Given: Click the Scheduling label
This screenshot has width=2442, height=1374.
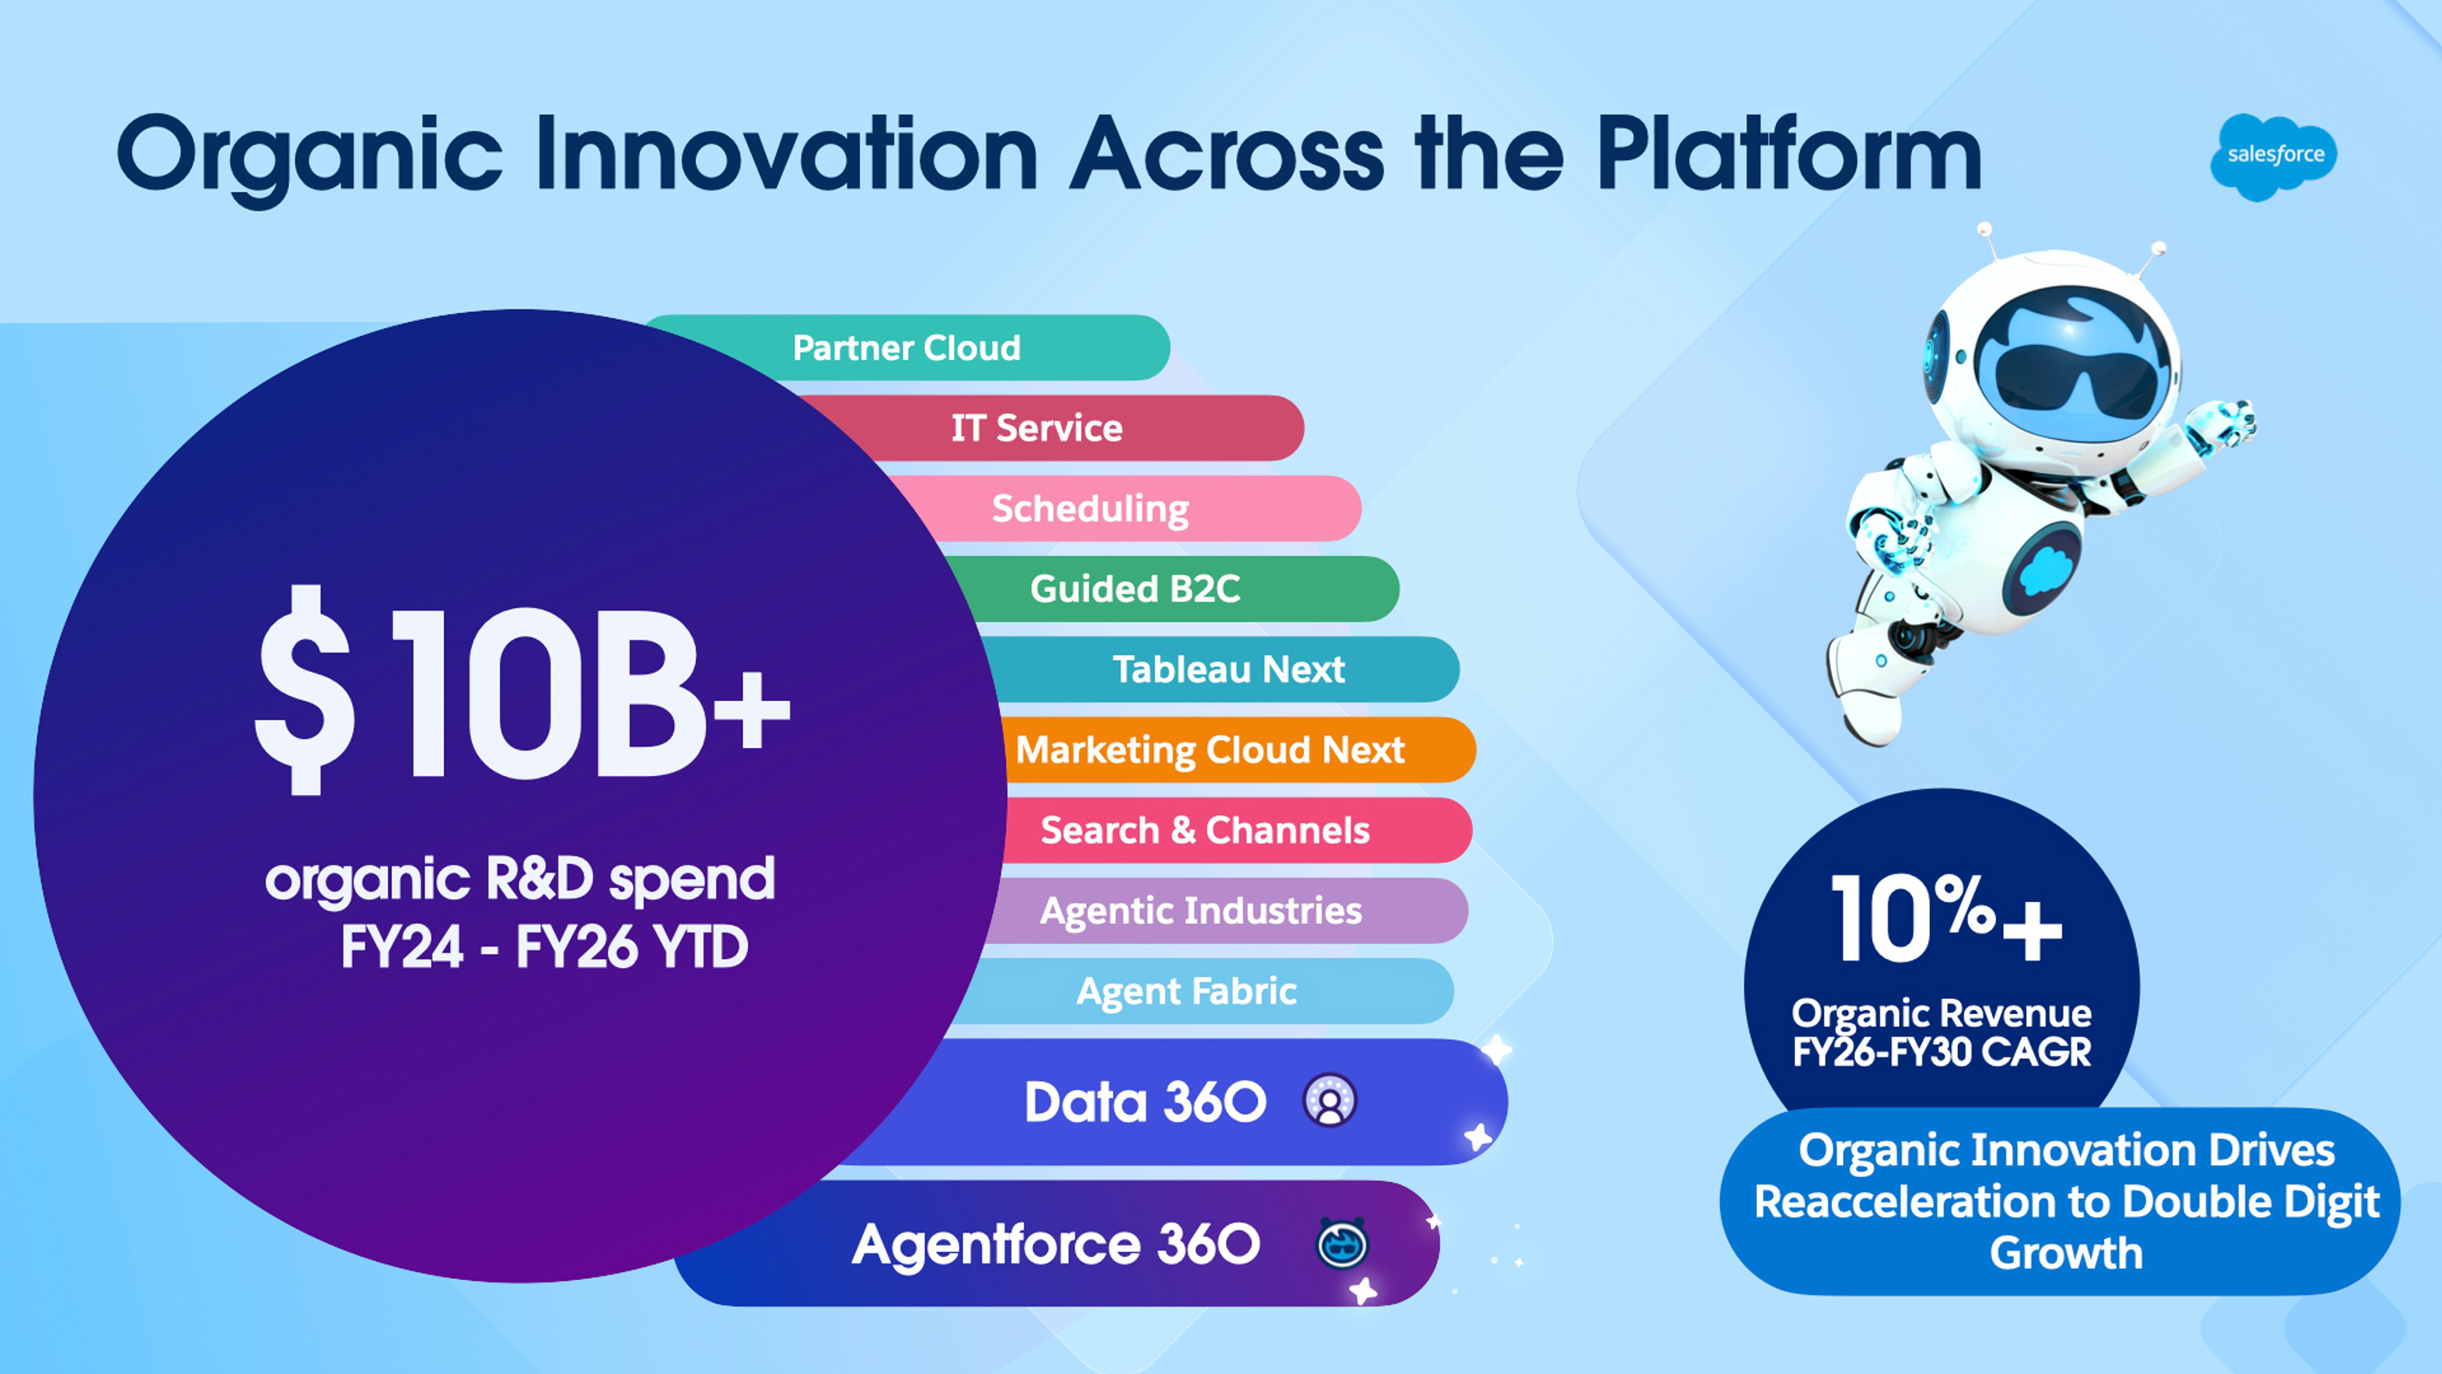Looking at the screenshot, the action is click(1090, 509).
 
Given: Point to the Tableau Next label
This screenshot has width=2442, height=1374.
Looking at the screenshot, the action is click(1229, 669).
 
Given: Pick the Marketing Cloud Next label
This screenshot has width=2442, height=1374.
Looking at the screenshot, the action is click(1210, 750).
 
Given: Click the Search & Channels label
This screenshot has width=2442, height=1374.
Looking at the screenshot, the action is click(1205, 831).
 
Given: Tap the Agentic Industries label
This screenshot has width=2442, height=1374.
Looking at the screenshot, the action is click(1201, 912).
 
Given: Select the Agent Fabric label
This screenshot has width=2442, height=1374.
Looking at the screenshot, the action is click(1186, 992).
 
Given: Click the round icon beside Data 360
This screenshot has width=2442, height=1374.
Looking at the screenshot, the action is click(1330, 1101).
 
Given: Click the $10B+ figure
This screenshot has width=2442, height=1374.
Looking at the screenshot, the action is click(522, 691).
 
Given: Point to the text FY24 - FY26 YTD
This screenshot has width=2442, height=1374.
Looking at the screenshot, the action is click(544, 947).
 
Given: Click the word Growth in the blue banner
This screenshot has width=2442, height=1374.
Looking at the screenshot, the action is click(2067, 1254).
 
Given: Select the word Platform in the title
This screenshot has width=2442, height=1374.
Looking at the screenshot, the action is click(1790, 153).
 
